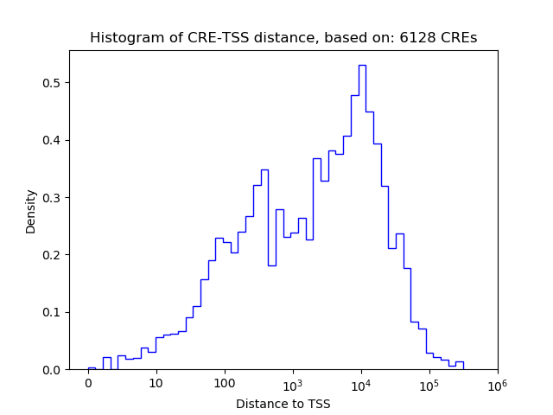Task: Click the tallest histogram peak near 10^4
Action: (362, 66)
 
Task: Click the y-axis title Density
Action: (31, 211)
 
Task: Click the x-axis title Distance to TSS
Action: (283, 403)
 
